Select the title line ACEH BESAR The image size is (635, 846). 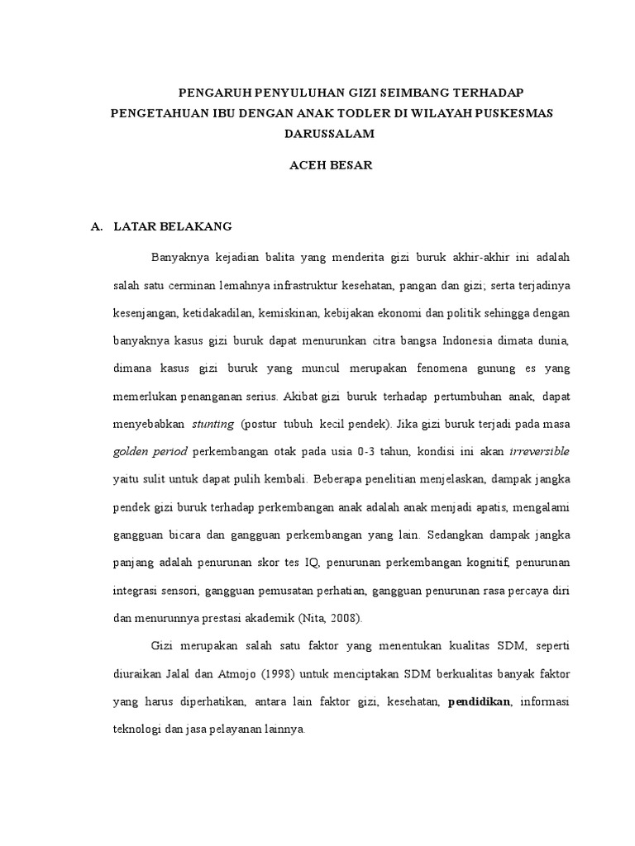point(331,164)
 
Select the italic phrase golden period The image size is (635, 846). point(150,453)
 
